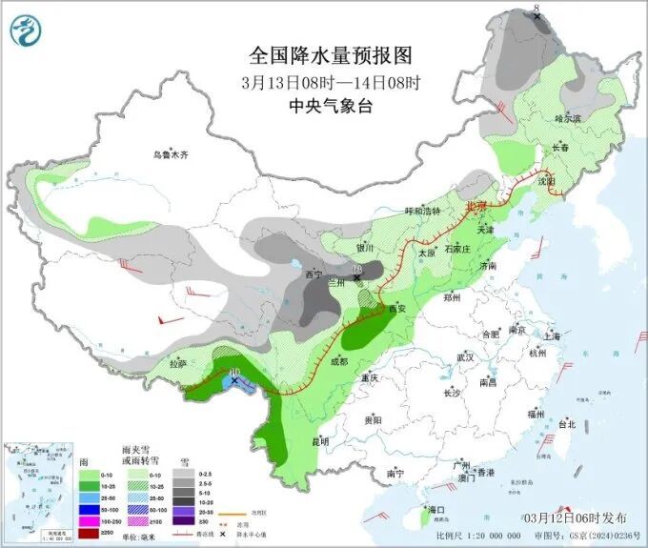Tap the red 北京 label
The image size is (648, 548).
tap(476, 206)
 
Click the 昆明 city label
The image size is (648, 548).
tap(319, 440)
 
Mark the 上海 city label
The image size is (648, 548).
tap(551, 335)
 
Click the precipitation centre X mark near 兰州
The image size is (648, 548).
tap(357, 278)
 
